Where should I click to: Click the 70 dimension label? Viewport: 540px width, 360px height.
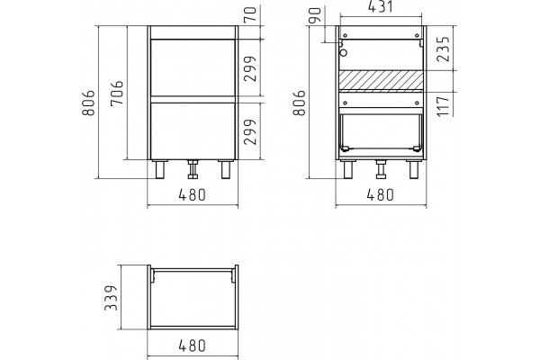coord(252,14)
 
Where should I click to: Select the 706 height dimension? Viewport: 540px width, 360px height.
coord(117,94)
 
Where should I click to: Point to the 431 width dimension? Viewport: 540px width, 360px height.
coord(381,7)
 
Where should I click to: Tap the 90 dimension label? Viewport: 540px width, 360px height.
coord(315,14)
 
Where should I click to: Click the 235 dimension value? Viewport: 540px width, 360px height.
coord(444,49)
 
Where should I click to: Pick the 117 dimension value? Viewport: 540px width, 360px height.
coord(444,106)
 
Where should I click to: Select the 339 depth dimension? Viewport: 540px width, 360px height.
coord(112,298)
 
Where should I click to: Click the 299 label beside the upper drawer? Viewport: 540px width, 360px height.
coord(250,68)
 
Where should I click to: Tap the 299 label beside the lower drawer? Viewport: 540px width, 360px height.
coord(250,131)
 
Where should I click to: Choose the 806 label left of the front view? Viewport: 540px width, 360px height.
coord(88,103)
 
